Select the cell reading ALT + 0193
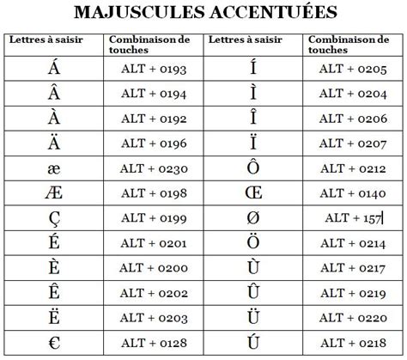[153, 67]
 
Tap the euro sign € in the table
[54, 342]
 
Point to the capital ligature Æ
[54, 193]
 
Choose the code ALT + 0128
[153, 342]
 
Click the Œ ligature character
[252, 193]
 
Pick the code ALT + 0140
[352, 193]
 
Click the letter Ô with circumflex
[252, 167]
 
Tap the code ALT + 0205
[352, 67]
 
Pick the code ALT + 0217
[352, 268]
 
